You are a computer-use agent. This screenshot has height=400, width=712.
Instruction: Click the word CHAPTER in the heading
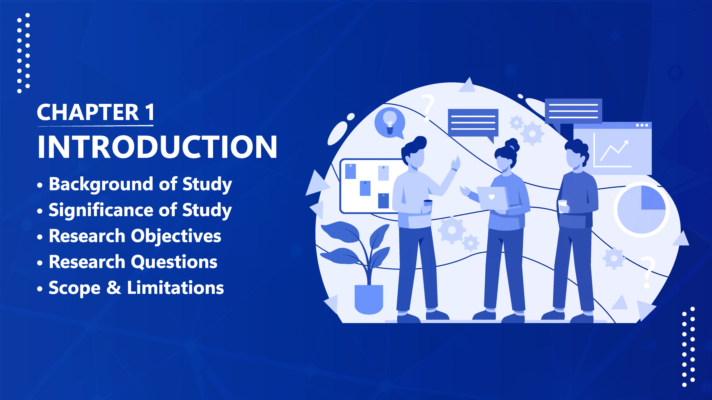88,112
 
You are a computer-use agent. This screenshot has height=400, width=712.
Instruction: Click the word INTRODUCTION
157,147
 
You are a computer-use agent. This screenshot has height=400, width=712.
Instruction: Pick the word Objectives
176,236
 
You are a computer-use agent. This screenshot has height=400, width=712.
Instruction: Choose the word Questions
174,262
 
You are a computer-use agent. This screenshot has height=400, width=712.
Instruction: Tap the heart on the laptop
492,197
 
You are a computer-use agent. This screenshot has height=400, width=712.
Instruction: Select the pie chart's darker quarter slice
653,197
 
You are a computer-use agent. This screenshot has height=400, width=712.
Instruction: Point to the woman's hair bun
512,144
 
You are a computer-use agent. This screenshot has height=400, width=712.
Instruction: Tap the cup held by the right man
562,206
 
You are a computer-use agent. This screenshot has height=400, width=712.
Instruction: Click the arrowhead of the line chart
626,143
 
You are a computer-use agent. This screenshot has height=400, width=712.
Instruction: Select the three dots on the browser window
642,125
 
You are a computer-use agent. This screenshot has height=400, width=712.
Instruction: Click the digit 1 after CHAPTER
150,112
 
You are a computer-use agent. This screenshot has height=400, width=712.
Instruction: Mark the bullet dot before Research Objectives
40,237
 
